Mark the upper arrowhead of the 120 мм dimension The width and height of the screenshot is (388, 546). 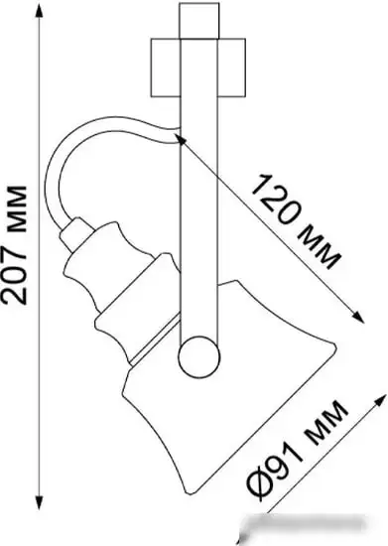[x=184, y=141]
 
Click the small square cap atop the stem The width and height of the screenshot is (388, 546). [x=195, y=21]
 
